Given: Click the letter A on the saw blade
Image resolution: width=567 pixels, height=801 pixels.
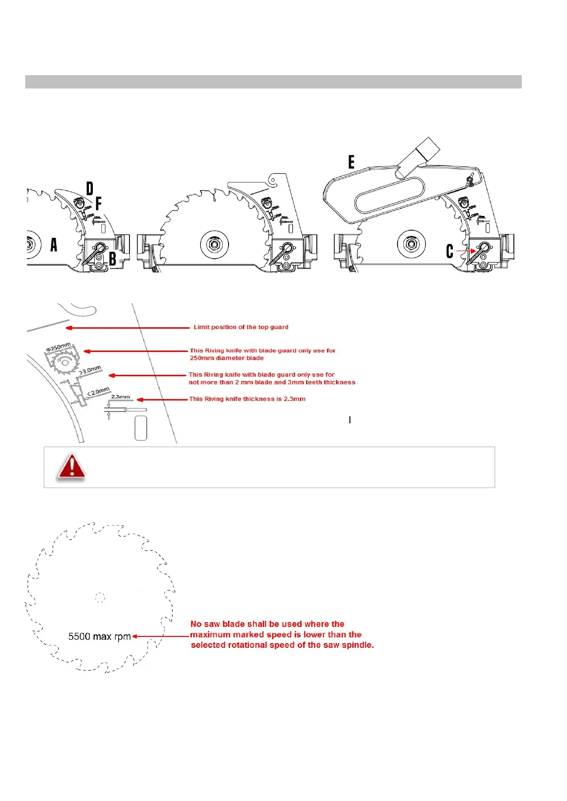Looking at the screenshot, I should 54,244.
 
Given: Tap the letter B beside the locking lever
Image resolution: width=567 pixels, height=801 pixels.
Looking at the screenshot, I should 113,259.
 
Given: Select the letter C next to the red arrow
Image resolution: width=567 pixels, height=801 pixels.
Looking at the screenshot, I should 449,251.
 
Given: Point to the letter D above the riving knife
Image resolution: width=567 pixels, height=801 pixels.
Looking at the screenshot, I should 90,189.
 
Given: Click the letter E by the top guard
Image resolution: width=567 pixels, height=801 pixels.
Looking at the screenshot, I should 351,162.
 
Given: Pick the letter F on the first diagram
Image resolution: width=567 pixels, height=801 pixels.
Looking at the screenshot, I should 99,204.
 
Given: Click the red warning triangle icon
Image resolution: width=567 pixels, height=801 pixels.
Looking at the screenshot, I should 71,466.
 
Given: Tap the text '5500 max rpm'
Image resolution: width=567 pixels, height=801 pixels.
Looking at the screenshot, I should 99,636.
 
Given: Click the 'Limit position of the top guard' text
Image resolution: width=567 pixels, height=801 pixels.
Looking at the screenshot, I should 241,327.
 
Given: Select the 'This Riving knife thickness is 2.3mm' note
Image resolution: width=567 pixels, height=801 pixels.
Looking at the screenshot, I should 247,399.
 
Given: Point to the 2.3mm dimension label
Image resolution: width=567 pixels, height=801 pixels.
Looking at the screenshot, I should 120,397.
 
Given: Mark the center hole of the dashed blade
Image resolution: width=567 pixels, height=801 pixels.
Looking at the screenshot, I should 99,597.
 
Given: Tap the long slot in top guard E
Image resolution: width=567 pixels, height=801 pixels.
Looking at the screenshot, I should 389,195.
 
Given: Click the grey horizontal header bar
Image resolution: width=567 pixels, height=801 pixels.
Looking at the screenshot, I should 273,82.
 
